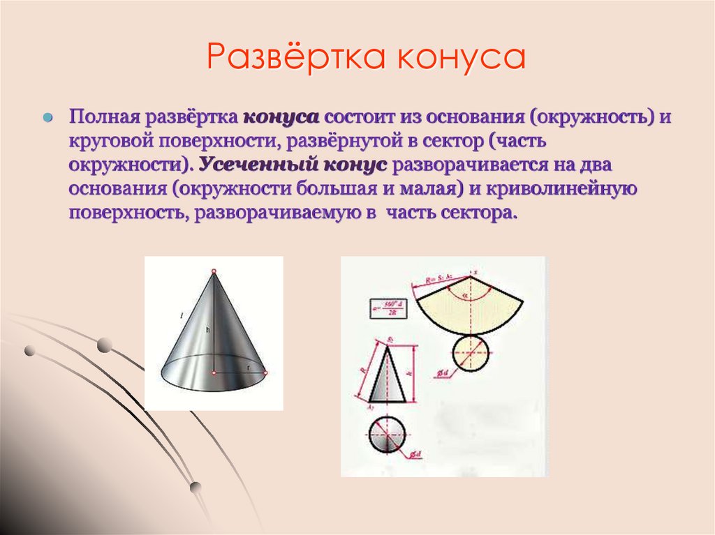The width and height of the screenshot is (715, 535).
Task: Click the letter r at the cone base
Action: pyautogui.click(x=249, y=366)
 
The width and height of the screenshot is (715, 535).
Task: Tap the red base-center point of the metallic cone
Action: pyautogui.click(x=214, y=372)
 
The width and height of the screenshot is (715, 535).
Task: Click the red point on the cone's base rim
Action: pyautogui.click(x=265, y=372)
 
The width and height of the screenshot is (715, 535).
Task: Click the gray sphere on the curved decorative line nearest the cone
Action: pyautogui.click(x=104, y=344)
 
